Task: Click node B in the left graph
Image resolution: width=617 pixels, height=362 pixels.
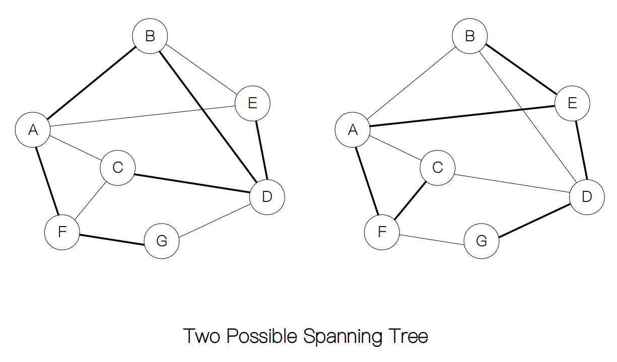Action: [x=150, y=36]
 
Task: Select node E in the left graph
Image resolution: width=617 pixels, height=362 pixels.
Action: [x=253, y=103]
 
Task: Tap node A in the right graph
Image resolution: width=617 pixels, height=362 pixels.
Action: [x=353, y=130]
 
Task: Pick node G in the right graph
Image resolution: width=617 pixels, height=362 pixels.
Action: [x=481, y=241]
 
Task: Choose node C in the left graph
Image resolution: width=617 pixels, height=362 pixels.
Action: [x=118, y=167]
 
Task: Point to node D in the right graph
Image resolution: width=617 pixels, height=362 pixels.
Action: [x=587, y=197]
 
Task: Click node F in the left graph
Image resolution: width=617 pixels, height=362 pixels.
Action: [x=62, y=232]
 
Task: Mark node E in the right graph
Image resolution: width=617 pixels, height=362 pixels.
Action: [x=572, y=103]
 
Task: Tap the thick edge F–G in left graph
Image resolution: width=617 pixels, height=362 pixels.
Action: [x=112, y=239]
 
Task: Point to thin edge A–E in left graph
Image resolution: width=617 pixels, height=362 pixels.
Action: [x=143, y=115]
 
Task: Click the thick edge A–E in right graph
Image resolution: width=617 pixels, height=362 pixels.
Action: [x=462, y=115]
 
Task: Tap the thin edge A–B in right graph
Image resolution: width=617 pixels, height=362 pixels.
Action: [x=411, y=83]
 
